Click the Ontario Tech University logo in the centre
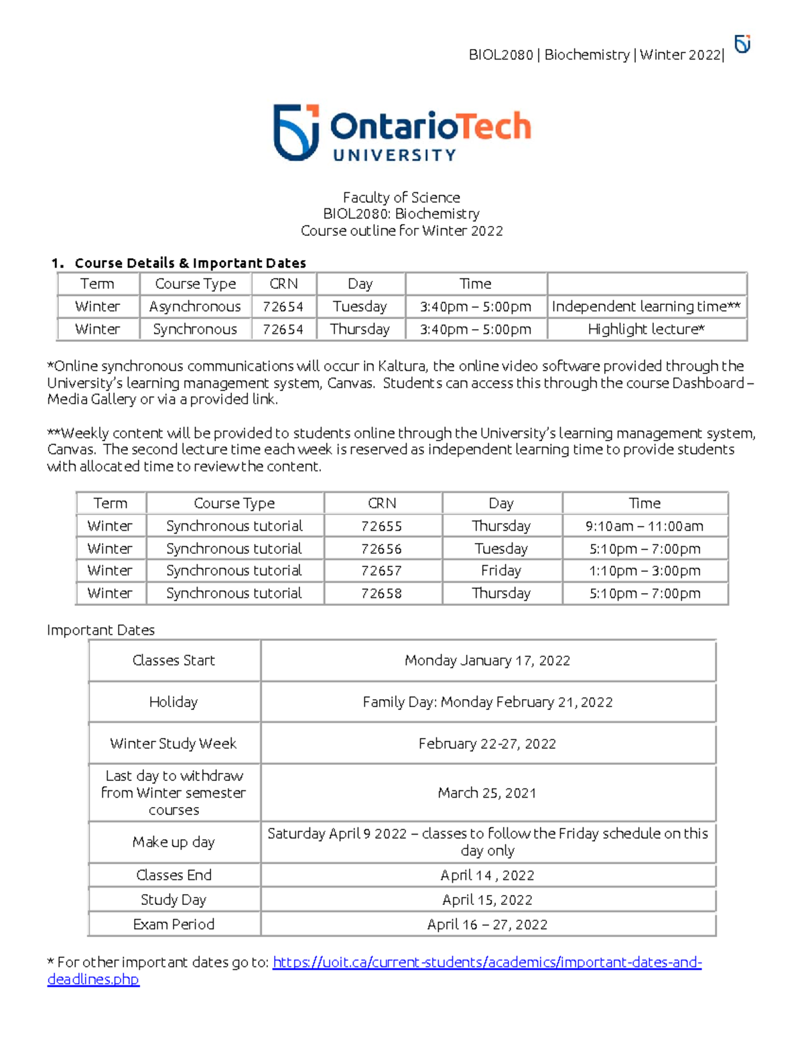pyautogui.click(x=402, y=133)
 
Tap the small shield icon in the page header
pyautogui.click(x=742, y=44)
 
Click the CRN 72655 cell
pyautogui.click(x=382, y=526)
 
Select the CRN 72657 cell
pyautogui.click(x=382, y=571)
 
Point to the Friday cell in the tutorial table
pyautogui.click(x=501, y=571)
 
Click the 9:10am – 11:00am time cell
pyautogui.click(x=645, y=526)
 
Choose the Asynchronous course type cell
pyautogui.click(x=195, y=307)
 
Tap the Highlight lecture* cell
pyautogui.click(x=646, y=329)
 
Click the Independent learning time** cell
pyautogui.click(x=646, y=307)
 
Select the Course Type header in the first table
pyautogui.click(x=195, y=284)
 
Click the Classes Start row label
pyautogui.click(x=174, y=661)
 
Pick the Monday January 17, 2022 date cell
pyautogui.click(x=487, y=661)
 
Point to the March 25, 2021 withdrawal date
pyautogui.click(x=487, y=793)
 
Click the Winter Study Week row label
pyautogui.click(x=174, y=743)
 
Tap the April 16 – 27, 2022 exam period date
pyautogui.click(x=487, y=924)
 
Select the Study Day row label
pyautogui.click(x=174, y=900)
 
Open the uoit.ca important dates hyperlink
pyautogui.click(x=487, y=963)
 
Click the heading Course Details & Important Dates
pyautogui.click(x=190, y=263)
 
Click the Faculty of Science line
pyautogui.click(x=401, y=198)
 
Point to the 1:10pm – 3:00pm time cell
pyautogui.click(x=645, y=571)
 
